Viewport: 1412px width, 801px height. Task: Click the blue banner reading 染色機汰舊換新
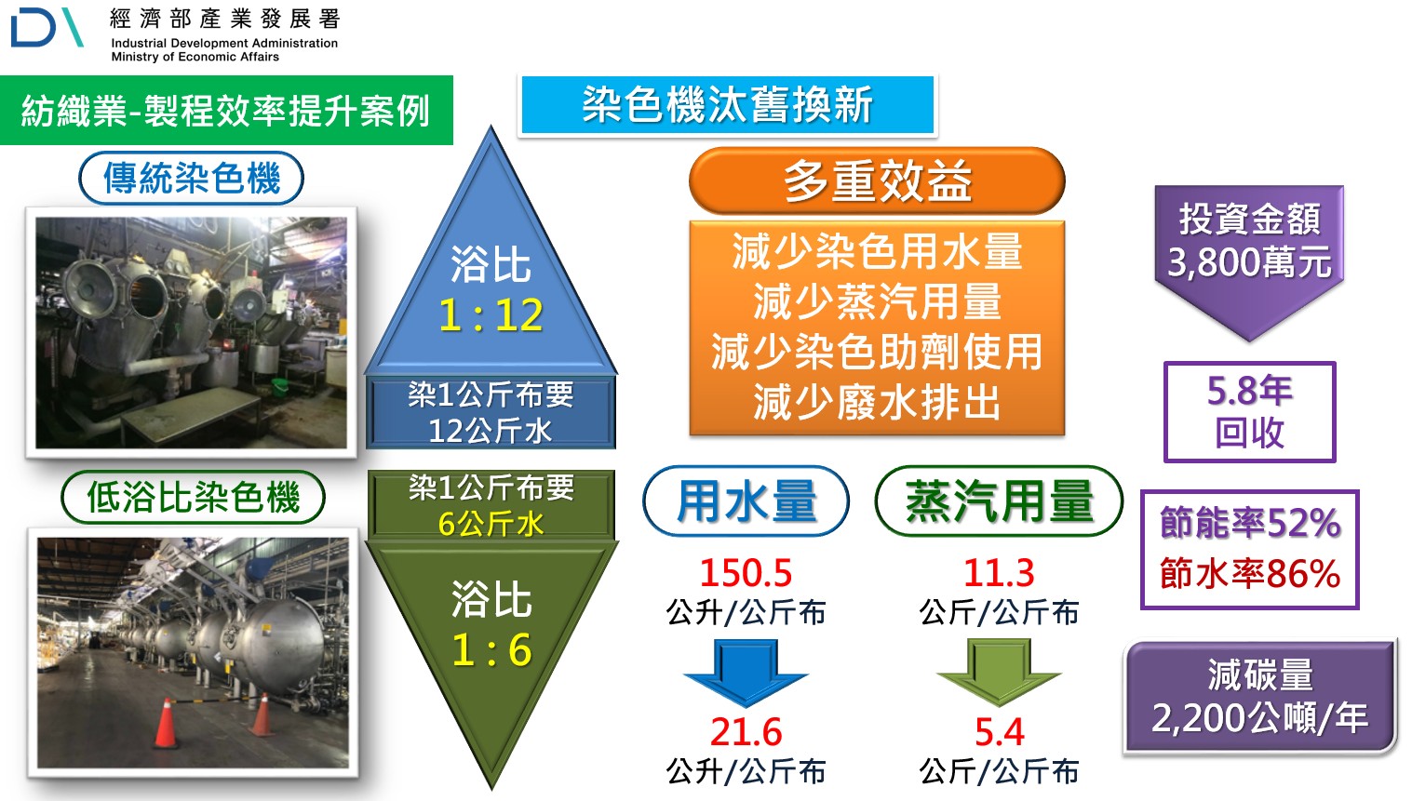click(727, 105)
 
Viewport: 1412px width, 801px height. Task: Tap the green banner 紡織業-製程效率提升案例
click(225, 112)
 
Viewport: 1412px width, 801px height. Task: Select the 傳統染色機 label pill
click(192, 178)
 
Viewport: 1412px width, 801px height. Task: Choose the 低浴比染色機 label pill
click(193, 497)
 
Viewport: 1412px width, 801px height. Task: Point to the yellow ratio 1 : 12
click(491, 315)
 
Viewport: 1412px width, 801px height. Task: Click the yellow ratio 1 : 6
click(491, 649)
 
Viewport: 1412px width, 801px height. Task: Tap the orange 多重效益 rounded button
click(876, 180)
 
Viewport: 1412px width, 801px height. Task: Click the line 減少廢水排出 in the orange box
click(876, 403)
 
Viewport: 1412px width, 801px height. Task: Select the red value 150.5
click(746, 573)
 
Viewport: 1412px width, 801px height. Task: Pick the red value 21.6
click(746, 732)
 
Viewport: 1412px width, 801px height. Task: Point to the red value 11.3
click(999, 573)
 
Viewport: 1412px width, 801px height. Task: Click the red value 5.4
click(999, 732)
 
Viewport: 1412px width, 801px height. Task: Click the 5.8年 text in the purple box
click(1249, 391)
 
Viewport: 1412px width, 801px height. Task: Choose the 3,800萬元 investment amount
click(1249, 263)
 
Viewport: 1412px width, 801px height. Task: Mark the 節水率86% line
click(1249, 573)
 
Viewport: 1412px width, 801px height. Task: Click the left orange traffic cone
click(166, 722)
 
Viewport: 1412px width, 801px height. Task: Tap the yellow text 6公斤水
click(491, 524)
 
